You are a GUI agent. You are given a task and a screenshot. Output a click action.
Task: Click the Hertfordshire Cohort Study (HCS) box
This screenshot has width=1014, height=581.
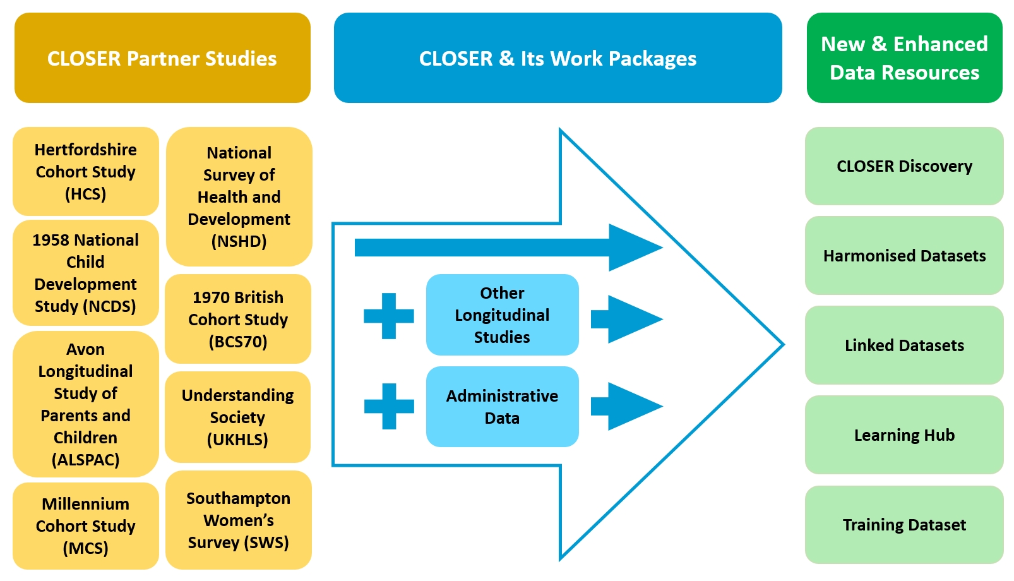(86, 172)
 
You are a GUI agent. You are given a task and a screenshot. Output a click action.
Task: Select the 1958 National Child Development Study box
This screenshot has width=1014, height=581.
(86, 273)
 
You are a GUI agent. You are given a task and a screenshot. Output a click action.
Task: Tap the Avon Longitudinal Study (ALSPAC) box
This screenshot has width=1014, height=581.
(86, 404)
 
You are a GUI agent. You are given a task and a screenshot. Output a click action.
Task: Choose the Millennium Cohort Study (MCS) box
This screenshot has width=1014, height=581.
(86, 525)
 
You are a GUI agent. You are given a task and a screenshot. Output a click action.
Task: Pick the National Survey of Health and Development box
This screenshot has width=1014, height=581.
(239, 197)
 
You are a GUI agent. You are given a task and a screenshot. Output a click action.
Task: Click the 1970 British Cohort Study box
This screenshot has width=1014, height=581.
(238, 319)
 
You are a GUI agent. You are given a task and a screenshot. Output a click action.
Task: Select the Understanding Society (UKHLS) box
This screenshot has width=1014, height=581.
(238, 417)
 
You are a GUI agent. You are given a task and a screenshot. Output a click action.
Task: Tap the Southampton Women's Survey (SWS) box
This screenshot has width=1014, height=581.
(239, 520)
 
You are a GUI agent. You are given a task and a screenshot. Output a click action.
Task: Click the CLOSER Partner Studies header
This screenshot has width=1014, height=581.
(162, 58)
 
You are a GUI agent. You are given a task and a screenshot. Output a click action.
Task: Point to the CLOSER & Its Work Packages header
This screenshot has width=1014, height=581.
(558, 58)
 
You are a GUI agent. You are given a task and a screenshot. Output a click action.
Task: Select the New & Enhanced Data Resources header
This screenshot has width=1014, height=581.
(904, 58)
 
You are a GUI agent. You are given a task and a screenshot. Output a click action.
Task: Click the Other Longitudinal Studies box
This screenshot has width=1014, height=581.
(502, 314)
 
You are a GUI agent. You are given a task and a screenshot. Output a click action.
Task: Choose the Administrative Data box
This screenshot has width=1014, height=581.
(502, 407)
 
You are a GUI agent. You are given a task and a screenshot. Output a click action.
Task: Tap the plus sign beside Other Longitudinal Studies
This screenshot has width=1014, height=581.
(389, 316)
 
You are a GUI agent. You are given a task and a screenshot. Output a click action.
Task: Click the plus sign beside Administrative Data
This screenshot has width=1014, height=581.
(389, 406)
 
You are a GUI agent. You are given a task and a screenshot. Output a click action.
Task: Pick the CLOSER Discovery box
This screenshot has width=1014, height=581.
(904, 166)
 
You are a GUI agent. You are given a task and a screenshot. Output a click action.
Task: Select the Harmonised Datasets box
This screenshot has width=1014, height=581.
(904, 256)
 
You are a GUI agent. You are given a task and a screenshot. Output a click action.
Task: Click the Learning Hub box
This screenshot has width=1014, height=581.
(904, 435)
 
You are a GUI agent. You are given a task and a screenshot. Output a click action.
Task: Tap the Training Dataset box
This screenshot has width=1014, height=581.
(904, 525)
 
